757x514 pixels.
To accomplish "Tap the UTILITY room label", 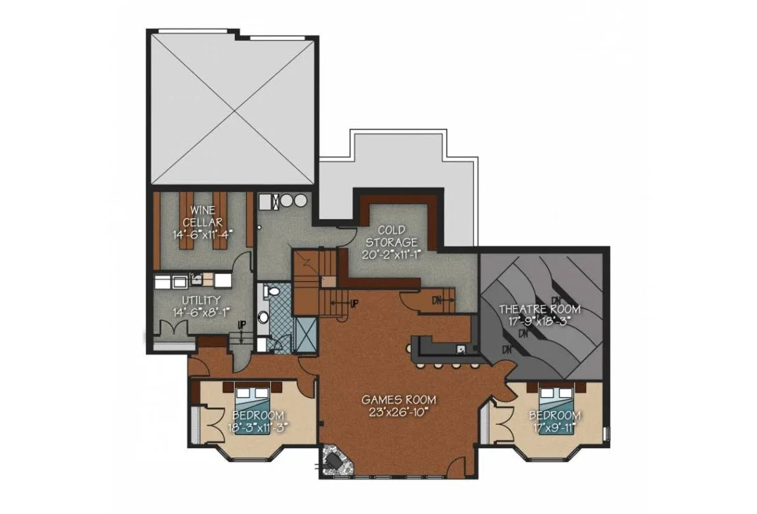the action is coord(201,300).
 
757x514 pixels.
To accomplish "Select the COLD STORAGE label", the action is coord(391,236).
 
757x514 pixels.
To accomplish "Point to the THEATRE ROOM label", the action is coord(540,309).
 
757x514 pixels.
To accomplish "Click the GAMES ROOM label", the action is coord(399,400).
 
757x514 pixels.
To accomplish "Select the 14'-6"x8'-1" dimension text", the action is coord(202,312).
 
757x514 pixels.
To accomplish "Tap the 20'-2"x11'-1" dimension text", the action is coord(391,254).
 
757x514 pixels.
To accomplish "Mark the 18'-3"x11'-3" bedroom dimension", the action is coord(258,428).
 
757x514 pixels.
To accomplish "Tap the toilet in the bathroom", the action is coord(273,291).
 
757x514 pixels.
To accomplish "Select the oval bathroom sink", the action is coord(263,318).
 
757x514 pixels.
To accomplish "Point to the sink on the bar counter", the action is coord(461,349).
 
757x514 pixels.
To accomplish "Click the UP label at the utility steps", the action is coord(242,324).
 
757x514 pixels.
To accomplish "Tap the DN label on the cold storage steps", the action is coord(437,300).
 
